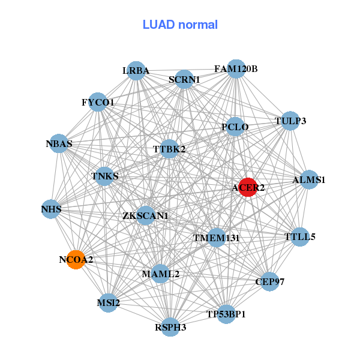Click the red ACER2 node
[x=248, y=187]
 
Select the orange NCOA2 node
[x=76, y=260]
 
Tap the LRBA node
[x=137, y=70]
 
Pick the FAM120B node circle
[x=236, y=68]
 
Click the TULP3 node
[x=290, y=121]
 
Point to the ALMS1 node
[x=308, y=179]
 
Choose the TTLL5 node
[x=299, y=236]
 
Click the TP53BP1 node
[x=226, y=314]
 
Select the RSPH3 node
[x=171, y=327]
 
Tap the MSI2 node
[x=109, y=303]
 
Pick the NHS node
[x=52, y=209]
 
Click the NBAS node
[x=59, y=143]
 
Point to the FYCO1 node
[x=98, y=102]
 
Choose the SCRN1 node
[x=184, y=79]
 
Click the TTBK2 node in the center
[x=169, y=148]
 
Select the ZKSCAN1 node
[x=145, y=215]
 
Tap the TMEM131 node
[x=216, y=238]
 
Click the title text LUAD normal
[x=180, y=25]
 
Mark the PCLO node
[x=235, y=127]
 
